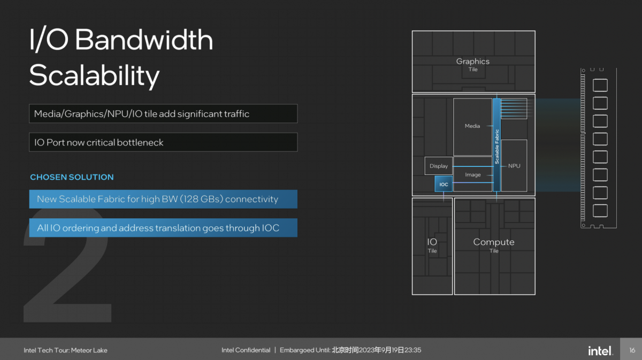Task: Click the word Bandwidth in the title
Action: coord(144,40)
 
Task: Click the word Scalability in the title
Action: coord(94,75)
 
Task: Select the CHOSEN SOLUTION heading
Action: coord(72,177)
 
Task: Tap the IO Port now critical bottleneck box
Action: coord(163,142)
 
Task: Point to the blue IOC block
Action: coord(444,183)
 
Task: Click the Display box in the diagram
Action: coord(439,166)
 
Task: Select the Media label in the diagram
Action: coord(472,126)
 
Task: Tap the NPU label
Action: coord(514,166)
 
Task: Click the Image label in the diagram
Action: coord(472,174)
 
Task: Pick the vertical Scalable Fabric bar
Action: coord(496,145)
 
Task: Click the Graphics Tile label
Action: coord(473,65)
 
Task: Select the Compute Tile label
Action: coord(494,246)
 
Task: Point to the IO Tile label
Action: coord(432,246)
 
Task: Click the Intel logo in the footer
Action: coord(600,350)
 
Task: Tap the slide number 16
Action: coord(632,350)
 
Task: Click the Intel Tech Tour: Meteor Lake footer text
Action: coord(65,350)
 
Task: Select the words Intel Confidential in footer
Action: coord(246,350)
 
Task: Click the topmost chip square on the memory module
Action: coord(600,86)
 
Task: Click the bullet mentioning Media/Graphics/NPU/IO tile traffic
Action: coord(163,113)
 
